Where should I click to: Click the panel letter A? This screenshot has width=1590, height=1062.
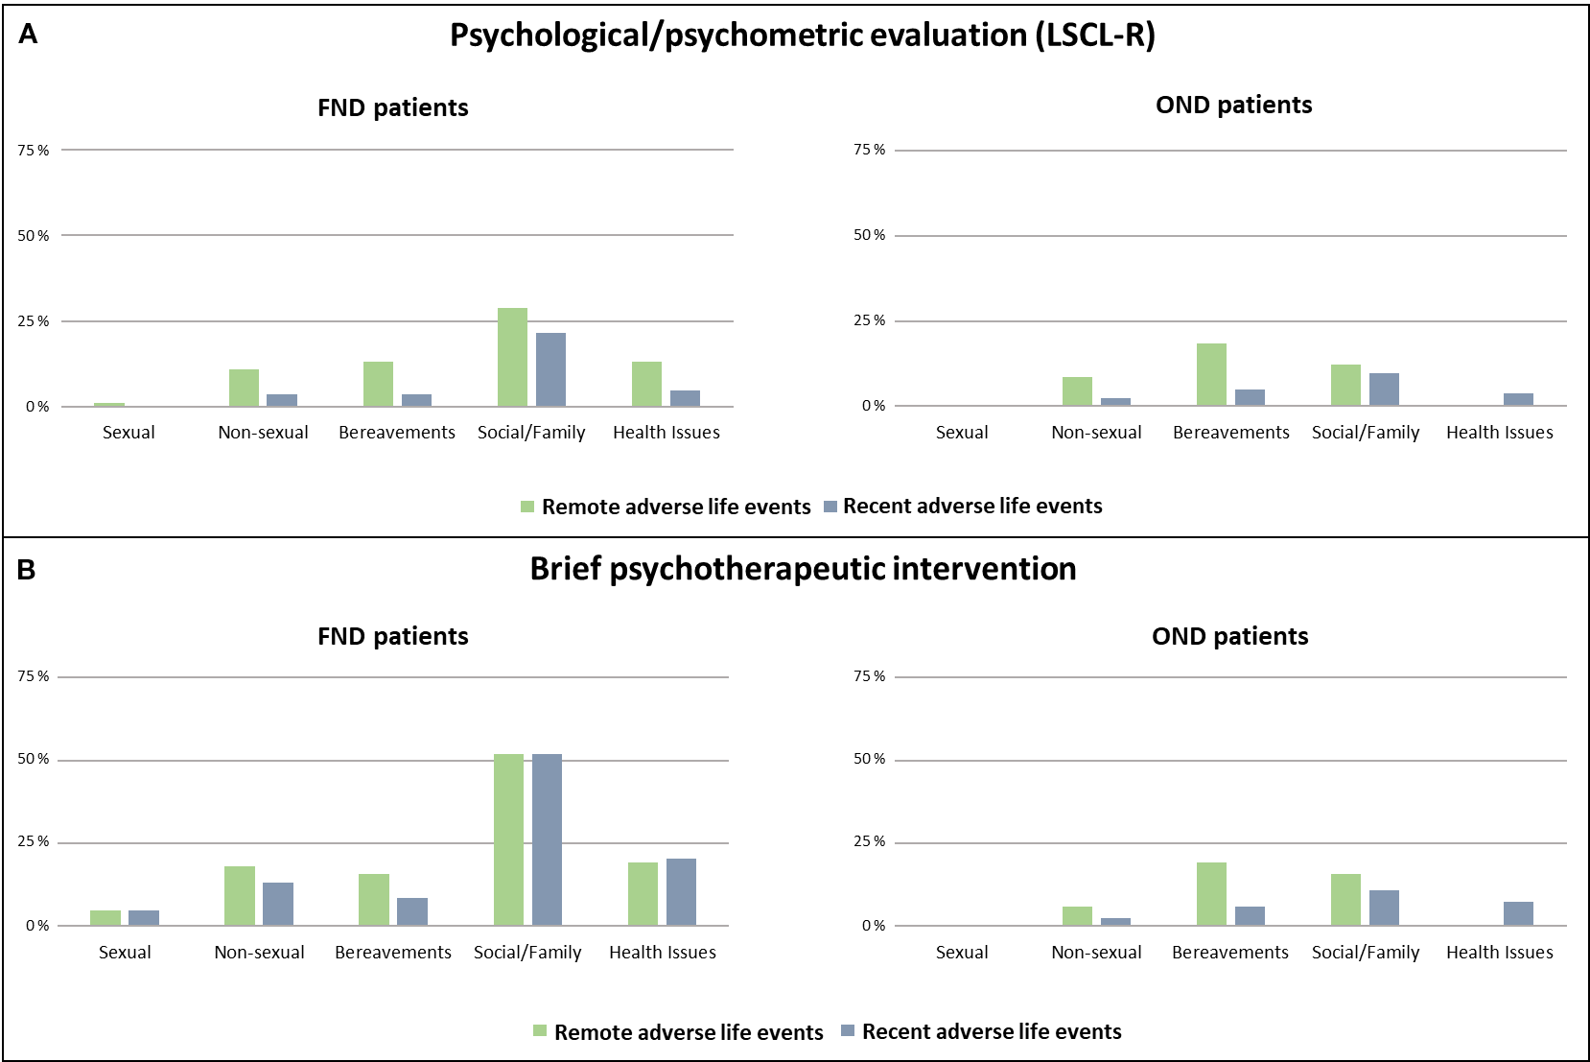[28, 35]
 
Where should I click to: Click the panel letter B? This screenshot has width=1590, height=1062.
[27, 570]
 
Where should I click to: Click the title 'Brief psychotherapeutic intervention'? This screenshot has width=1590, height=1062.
[803, 569]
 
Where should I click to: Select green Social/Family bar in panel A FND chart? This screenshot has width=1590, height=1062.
[512, 357]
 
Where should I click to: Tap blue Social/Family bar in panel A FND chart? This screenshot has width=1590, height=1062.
[550, 369]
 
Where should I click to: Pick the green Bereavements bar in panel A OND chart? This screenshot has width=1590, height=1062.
[1211, 374]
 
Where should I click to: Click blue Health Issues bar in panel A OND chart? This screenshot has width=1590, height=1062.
[1518, 399]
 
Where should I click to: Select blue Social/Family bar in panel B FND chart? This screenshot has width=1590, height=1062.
[547, 839]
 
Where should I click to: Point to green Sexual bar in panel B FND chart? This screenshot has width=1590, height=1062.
[105, 917]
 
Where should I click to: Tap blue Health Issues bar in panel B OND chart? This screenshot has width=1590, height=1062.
[1518, 913]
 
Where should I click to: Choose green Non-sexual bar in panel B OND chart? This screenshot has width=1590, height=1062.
[1077, 915]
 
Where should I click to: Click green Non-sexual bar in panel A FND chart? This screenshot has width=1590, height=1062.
[244, 388]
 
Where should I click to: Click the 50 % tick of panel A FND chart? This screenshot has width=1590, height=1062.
[34, 236]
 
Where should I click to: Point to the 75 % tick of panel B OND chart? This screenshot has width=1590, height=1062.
[869, 676]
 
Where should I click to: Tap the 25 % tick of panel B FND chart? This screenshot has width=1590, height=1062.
[34, 841]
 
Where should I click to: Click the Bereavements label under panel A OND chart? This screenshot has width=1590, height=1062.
[1230, 433]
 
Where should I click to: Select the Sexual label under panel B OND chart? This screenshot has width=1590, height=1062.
[961, 953]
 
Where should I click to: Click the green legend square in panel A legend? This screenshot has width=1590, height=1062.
[527, 507]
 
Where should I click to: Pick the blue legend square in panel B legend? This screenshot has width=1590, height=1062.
[848, 1031]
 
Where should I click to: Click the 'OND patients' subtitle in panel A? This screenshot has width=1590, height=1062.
[1233, 105]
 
